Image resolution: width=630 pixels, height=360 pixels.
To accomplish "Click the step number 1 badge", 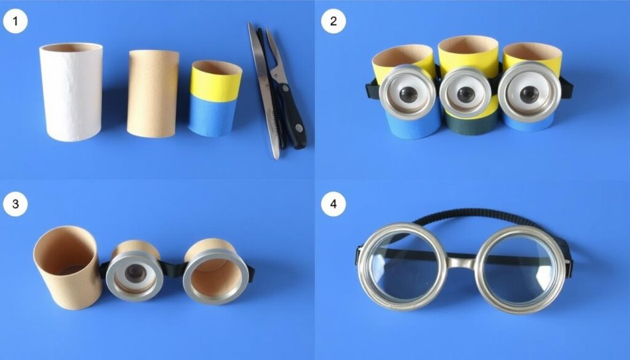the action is [x=15, y=22].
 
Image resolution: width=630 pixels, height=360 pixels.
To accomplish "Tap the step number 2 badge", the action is [x=333, y=22].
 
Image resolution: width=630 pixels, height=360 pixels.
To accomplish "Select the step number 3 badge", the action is [x=15, y=204].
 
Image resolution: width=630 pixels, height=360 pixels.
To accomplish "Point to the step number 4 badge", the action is [x=333, y=204].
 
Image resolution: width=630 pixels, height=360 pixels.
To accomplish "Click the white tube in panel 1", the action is [x=71, y=92].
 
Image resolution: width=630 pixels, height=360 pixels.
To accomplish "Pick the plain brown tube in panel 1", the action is [x=153, y=94].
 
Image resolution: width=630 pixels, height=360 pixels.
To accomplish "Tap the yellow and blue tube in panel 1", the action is [x=215, y=98].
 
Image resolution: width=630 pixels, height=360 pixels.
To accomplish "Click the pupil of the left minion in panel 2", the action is [x=409, y=94].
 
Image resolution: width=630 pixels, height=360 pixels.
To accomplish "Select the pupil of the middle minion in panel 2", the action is [x=466, y=94].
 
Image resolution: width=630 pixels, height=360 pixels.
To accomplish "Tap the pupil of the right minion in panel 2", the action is [x=528, y=94].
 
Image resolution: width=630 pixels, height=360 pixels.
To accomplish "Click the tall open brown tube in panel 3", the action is [x=66, y=267].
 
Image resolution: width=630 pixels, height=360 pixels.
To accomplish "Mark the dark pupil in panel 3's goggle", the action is [x=134, y=273].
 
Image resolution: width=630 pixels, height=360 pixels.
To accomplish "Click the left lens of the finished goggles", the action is [x=403, y=267].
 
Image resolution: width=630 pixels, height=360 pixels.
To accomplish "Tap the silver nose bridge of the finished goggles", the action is [x=460, y=263].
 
